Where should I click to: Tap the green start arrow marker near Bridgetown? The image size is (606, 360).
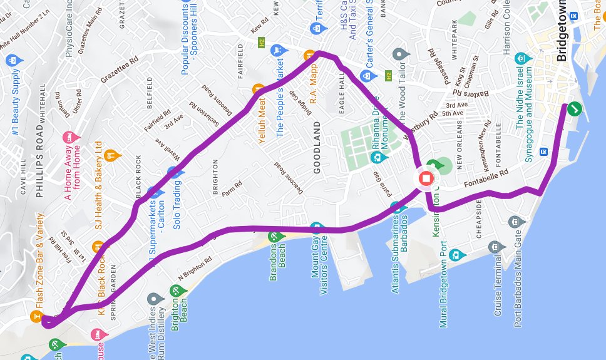[575, 110]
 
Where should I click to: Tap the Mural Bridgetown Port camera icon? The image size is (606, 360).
[456, 255]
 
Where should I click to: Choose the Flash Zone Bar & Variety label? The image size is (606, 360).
[39, 262]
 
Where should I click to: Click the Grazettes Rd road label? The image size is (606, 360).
[120, 71]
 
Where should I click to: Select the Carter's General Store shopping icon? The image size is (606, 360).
[365, 76]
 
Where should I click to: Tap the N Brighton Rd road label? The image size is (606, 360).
[197, 265]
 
